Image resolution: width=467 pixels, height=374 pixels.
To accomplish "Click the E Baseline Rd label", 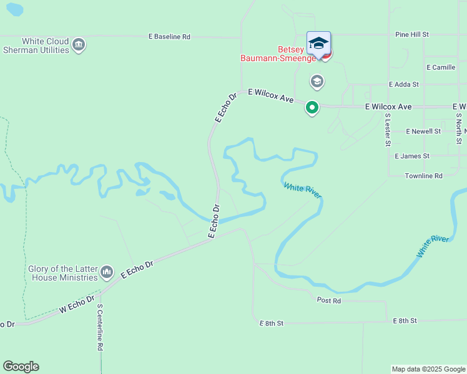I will coord(169,37).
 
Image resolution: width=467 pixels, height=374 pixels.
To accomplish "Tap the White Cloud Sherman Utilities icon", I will coord(79,44).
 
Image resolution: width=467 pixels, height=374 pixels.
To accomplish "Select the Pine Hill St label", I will coord(412,34).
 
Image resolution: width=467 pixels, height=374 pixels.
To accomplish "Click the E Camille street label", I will coord(441,67).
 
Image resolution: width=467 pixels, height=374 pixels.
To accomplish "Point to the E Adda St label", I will coord(403,84).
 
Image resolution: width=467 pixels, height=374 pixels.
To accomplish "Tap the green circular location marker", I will coord(312,108).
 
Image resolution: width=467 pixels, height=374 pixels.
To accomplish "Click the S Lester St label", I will coord(387,130).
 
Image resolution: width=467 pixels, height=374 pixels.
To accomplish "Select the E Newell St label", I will coord(423,132).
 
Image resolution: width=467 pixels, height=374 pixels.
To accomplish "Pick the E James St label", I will coord(412,156).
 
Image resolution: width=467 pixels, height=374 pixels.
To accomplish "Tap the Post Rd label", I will coord(328,300).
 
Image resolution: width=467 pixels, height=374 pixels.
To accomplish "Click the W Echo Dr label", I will coord(77,304).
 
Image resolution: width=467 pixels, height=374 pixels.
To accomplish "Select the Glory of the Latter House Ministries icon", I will coord(107,272).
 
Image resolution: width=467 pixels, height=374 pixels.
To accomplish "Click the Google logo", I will coord(21,367).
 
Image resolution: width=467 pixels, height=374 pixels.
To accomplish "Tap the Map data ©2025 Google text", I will coord(428,369).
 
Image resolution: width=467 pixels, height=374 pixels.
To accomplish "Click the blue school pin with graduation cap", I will coord(318,43).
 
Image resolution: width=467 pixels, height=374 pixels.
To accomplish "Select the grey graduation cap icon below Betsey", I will coord(317,82).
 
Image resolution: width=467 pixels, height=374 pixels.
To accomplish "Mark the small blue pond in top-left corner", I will coord(14,9).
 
